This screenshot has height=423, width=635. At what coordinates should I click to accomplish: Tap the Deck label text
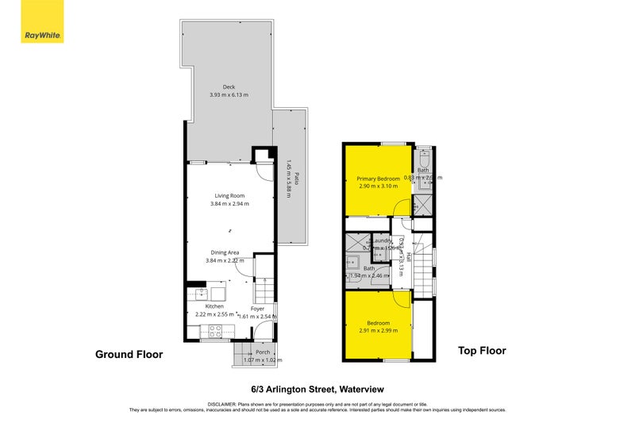[229, 87]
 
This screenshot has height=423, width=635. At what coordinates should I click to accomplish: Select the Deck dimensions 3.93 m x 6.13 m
[229, 95]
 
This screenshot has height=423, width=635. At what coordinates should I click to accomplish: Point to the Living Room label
[229, 195]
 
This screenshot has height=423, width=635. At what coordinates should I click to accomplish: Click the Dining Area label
[222, 252]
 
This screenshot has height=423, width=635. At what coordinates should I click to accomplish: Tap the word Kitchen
[214, 306]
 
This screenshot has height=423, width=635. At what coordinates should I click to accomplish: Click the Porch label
[262, 352]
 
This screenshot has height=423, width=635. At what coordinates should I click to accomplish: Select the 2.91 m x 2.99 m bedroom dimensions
[379, 331]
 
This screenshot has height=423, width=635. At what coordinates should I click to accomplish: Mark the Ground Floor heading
[129, 355]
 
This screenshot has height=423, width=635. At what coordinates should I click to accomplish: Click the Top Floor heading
[481, 350]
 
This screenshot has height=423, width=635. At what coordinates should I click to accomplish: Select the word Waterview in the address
[362, 390]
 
